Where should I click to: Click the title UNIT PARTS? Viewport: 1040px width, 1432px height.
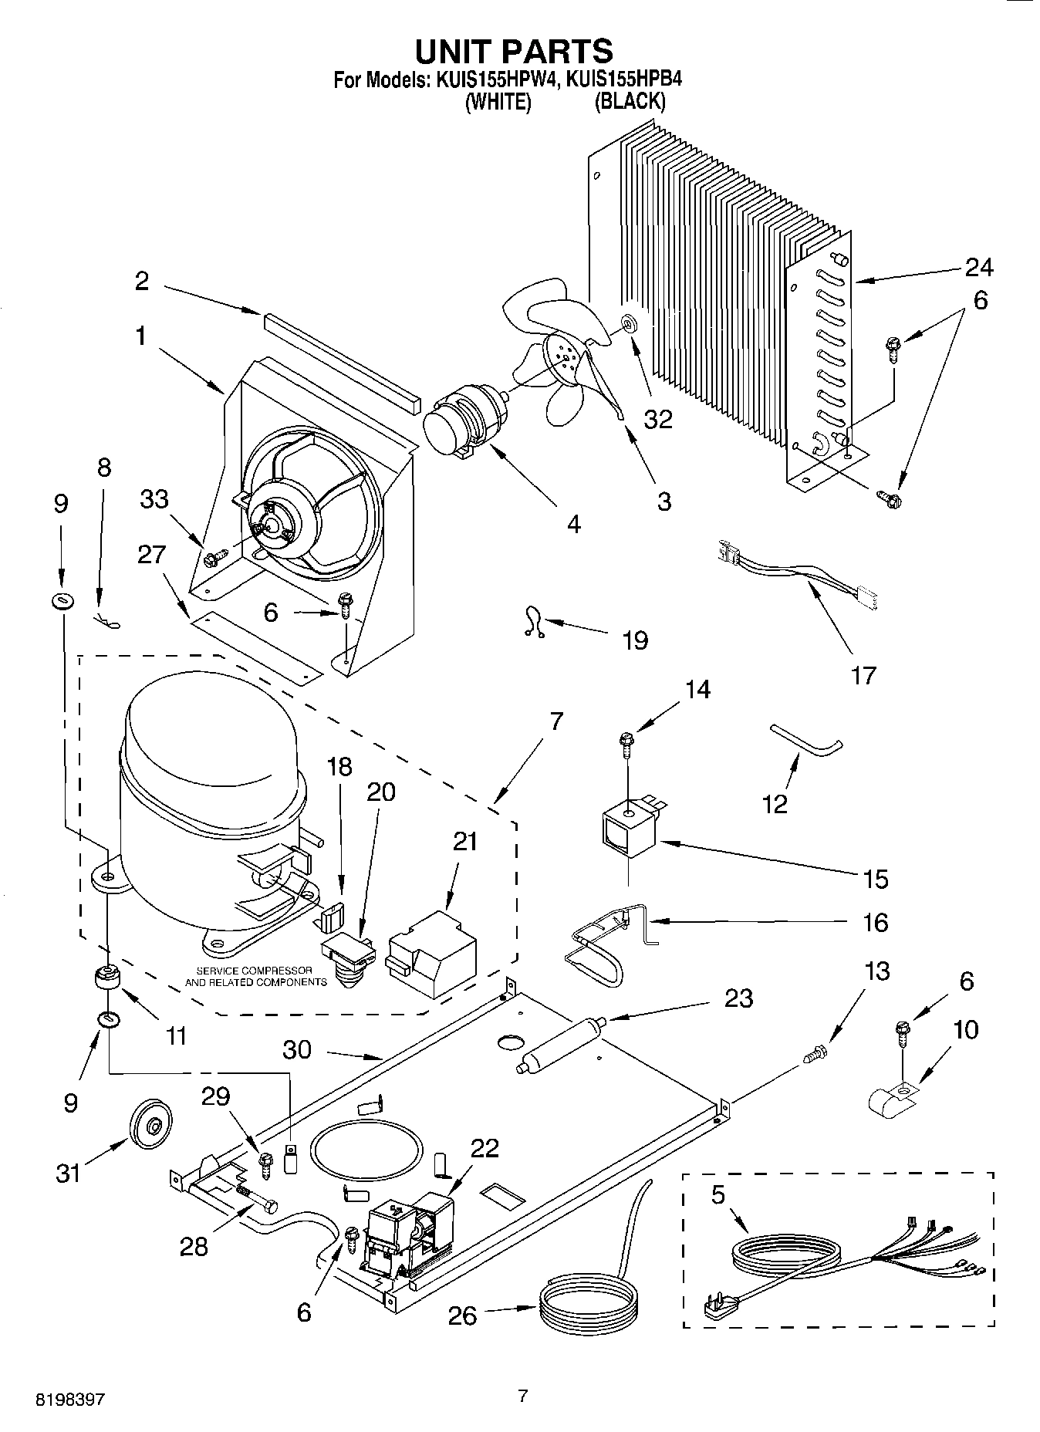pos(514,51)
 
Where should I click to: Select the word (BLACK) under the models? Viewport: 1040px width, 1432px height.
pos(629,102)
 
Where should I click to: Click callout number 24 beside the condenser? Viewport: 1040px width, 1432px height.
pos(978,267)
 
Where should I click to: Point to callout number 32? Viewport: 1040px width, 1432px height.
pos(658,419)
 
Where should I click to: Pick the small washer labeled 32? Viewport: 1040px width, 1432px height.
pos(629,322)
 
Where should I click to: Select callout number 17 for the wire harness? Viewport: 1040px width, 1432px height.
pos(863,675)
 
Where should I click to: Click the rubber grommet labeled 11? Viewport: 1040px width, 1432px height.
pos(106,980)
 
